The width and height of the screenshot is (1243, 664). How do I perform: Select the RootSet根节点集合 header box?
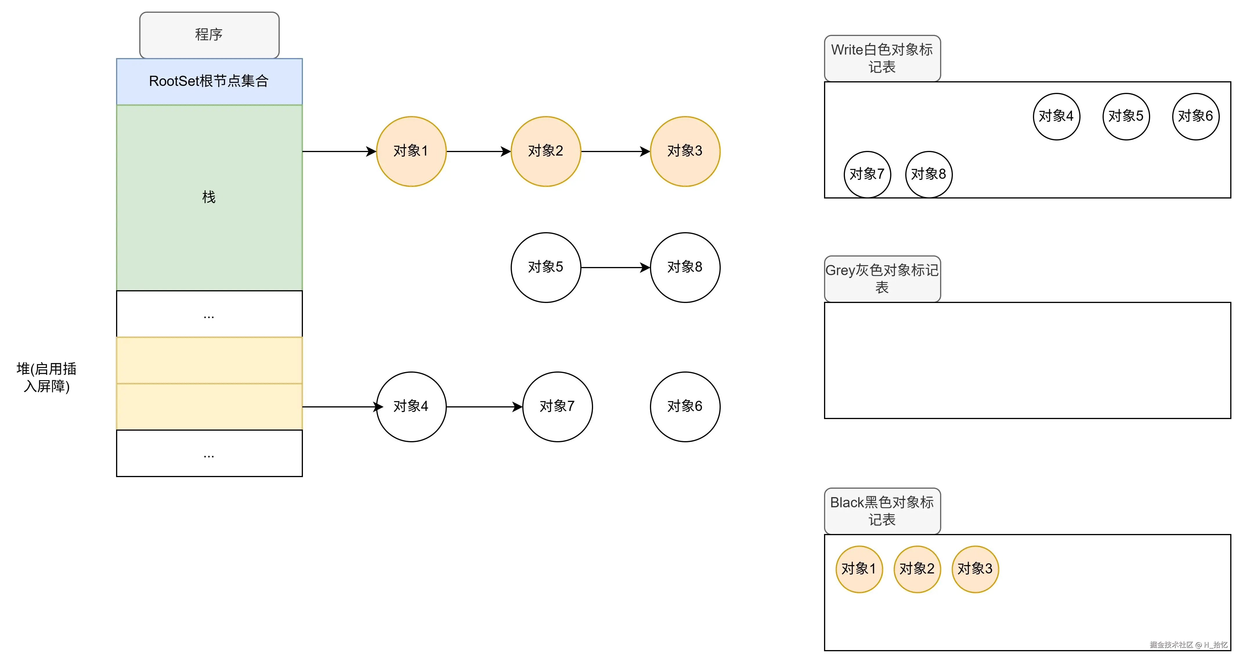click(209, 81)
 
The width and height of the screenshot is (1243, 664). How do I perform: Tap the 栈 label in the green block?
click(209, 197)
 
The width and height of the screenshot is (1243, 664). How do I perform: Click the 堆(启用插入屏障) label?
click(46, 377)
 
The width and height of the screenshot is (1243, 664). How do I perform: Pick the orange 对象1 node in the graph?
click(411, 151)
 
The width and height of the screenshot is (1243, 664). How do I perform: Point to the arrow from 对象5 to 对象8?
click(615, 267)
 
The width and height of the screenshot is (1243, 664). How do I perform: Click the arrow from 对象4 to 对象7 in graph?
click(484, 407)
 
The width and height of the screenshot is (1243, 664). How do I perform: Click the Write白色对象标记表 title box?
click(882, 58)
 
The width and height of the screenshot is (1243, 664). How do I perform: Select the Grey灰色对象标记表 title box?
click(882, 278)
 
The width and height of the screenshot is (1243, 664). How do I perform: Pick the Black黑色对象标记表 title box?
click(882, 510)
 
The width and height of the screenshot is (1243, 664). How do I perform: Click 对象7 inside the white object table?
click(867, 174)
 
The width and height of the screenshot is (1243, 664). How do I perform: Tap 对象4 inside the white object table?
click(1056, 116)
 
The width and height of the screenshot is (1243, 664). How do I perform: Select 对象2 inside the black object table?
click(917, 569)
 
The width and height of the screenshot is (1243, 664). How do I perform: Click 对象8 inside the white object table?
click(928, 174)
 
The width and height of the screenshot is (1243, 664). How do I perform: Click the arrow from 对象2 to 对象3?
click(615, 151)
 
